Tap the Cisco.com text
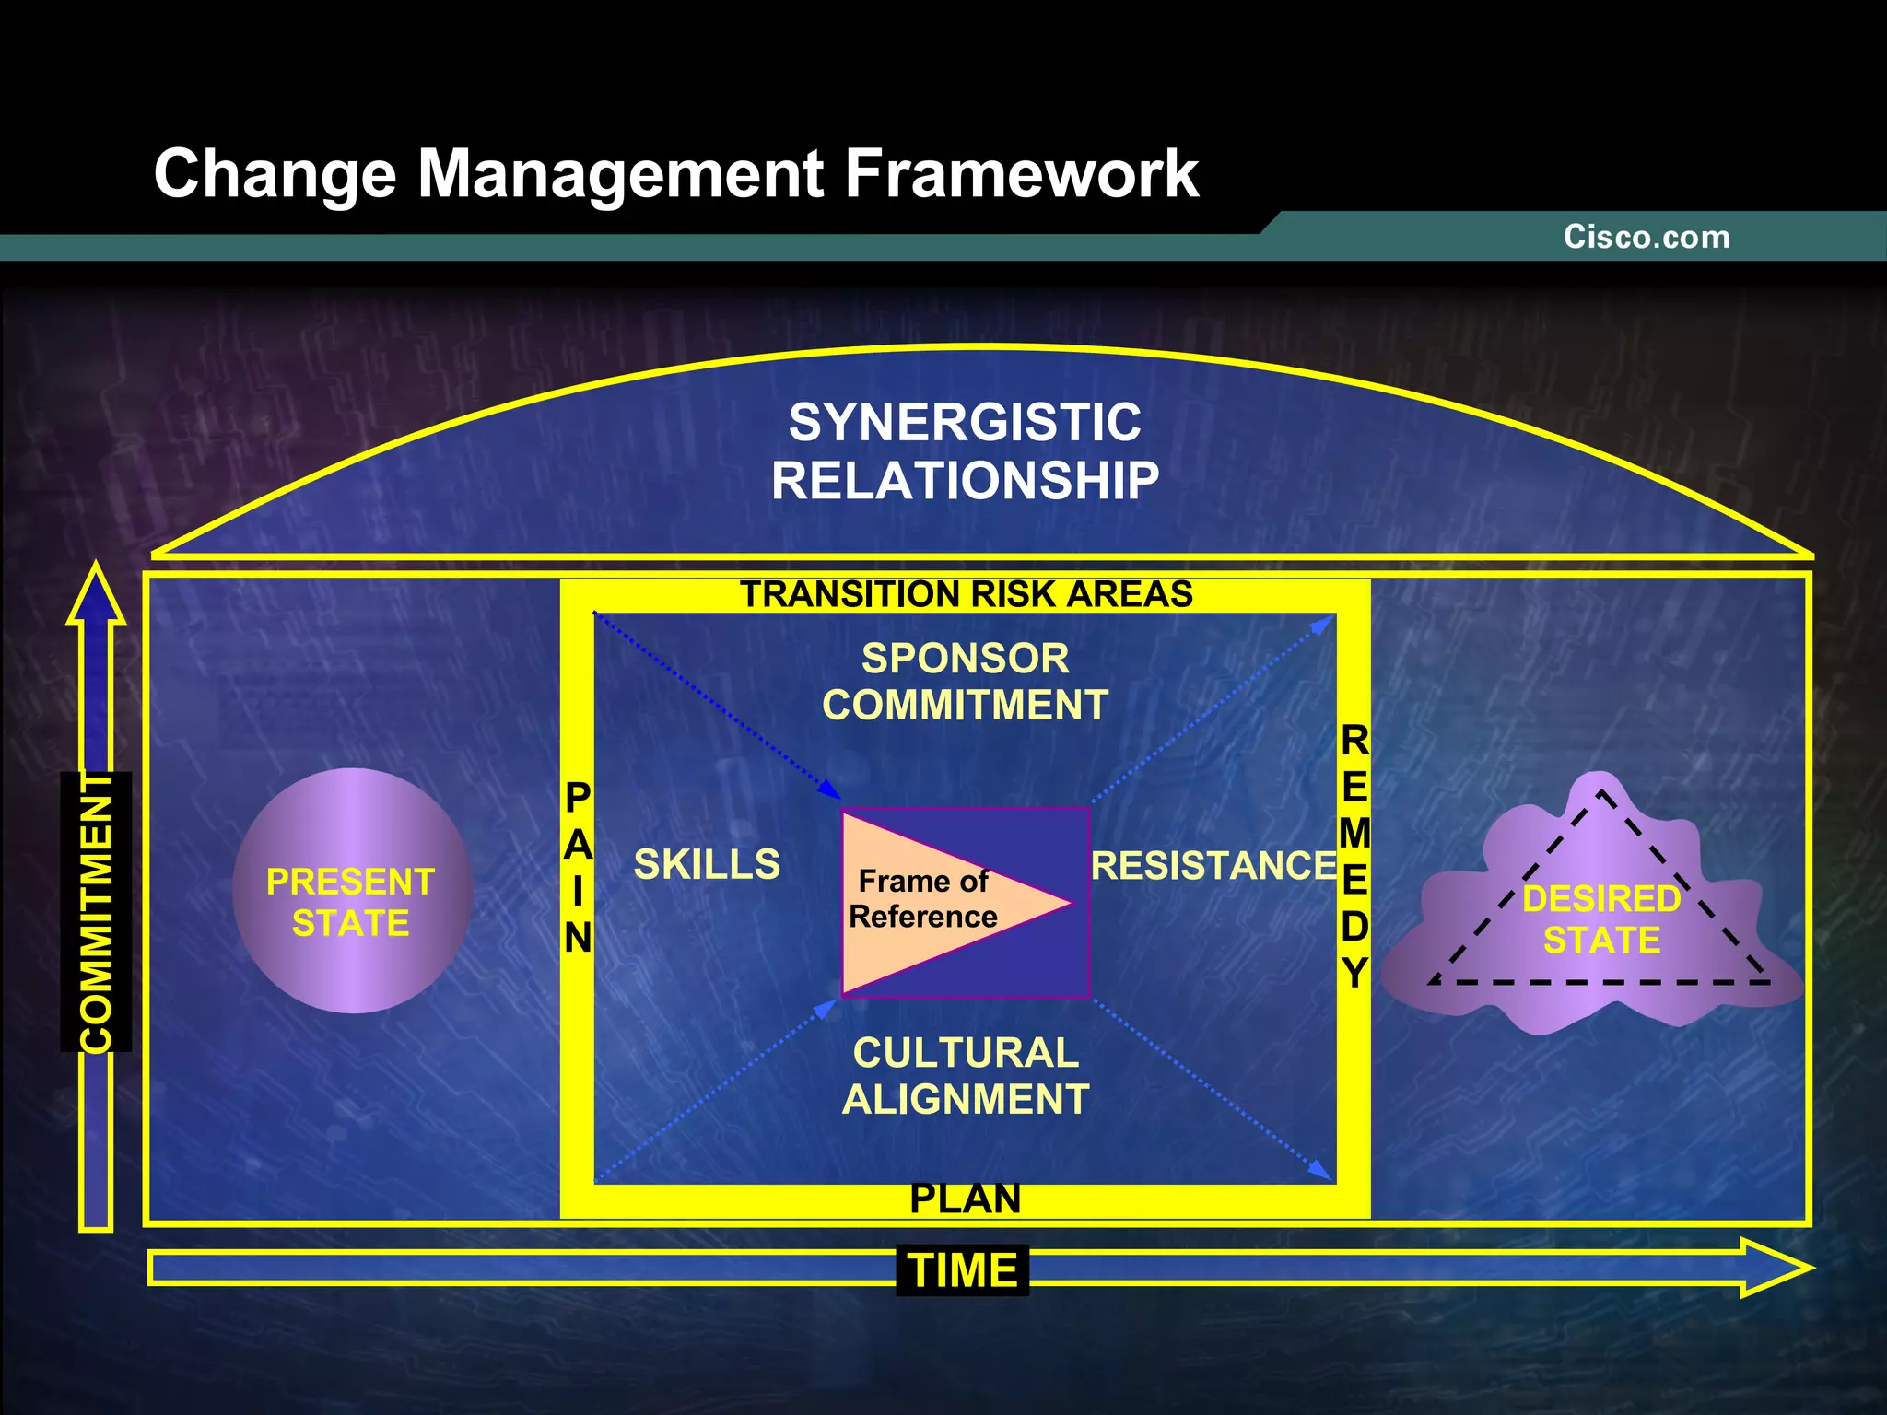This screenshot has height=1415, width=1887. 1647,237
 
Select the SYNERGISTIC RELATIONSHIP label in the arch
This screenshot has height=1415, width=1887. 965,451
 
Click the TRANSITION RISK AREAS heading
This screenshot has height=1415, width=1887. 966,594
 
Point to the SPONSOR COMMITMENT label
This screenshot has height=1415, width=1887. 965,682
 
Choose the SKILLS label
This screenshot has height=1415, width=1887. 707,864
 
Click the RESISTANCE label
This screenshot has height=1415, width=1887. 1213,866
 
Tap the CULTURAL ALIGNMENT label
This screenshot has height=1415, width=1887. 965,1076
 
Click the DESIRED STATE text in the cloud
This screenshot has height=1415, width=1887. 1601,919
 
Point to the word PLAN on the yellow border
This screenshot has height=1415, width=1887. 965,1199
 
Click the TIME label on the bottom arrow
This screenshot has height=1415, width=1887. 963,1270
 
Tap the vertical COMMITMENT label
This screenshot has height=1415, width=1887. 96,912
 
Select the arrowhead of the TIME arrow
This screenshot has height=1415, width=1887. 1774,1269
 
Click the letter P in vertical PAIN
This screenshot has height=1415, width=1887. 578,798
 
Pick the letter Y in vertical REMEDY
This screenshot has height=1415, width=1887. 1354,973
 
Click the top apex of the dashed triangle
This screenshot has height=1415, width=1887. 1601,791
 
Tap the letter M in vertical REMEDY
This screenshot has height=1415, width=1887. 1354,834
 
